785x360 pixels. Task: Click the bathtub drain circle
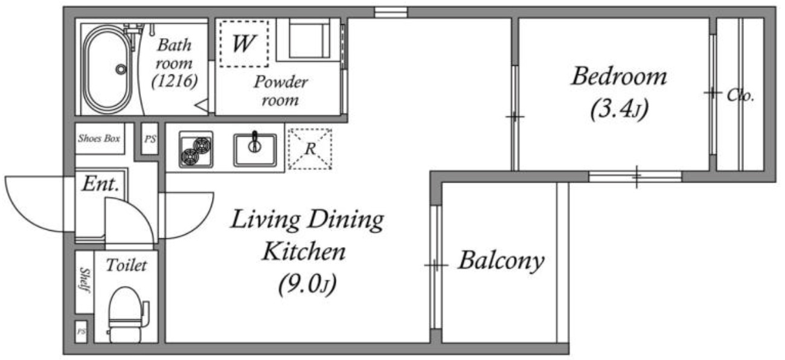pos(121,69)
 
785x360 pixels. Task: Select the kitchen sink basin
pos(255,150)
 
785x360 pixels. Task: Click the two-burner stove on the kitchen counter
pos(196,150)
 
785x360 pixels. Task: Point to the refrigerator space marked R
pos(310,149)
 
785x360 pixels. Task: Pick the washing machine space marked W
pos(244,43)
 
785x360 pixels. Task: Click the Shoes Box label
pos(99,138)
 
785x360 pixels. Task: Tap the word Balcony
pos(501,261)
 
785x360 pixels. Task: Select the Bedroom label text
pos(619,77)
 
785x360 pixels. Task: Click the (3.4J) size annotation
pos(619,109)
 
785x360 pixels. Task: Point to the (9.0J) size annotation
pos(307,284)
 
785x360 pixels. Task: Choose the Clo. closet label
pos(740,95)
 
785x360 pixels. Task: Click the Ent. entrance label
pos(101,184)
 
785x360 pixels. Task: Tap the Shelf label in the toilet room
pos(85,280)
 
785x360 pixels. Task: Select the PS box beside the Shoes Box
pos(150,139)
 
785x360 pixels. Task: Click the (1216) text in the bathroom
pos(175,82)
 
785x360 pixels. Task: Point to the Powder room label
pos(281,91)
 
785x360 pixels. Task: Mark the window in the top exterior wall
pos(391,12)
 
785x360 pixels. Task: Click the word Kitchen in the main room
pos(304,251)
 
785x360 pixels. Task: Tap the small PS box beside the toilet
pos(82,331)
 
